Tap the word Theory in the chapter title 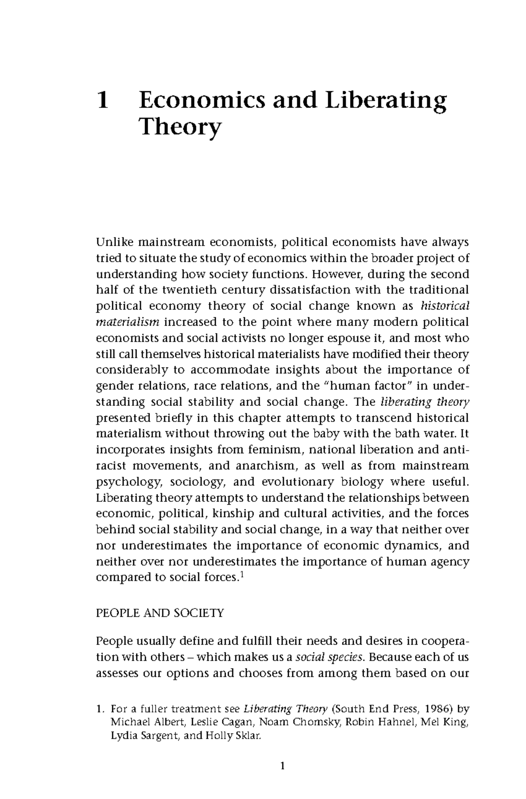pyautogui.click(x=180, y=128)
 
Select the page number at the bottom pyautogui.click(x=282, y=767)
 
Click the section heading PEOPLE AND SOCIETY pyautogui.click(x=160, y=613)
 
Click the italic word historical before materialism pyautogui.click(x=444, y=306)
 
